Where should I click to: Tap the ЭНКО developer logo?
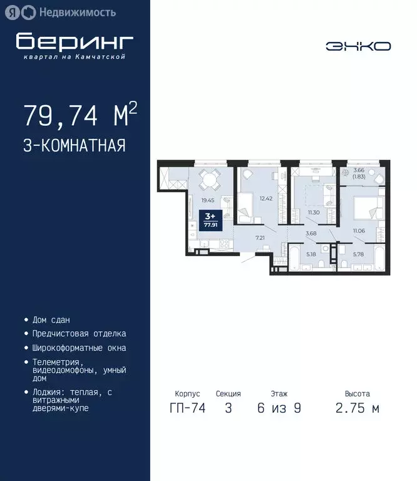point(358,46)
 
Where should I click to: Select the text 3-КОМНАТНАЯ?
point(75,146)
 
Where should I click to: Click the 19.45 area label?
point(208,200)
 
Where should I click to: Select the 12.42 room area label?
point(265,199)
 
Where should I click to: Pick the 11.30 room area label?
point(314,213)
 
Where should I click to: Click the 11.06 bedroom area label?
point(358,231)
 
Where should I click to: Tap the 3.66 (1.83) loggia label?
point(359,173)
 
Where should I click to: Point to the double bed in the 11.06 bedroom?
point(363,208)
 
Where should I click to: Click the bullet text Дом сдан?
point(51,319)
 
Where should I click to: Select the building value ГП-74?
point(187,408)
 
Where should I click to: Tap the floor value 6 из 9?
point(279,408)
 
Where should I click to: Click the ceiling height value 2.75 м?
point(358,408)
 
